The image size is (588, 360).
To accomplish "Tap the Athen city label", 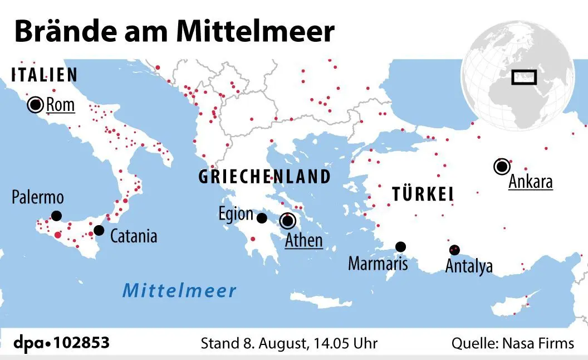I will (x=303, y=240).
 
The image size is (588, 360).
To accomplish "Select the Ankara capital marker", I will (x=502, y=166).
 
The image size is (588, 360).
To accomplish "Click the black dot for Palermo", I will (x=56, y=216).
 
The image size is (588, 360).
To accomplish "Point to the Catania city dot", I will (x=99, y=230).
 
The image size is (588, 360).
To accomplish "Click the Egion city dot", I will (x=262, y=218).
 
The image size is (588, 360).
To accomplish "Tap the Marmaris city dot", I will (x=400, y=246).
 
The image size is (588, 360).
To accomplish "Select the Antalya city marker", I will (x=454, y=250).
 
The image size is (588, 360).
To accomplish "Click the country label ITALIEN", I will (x=45, y=75).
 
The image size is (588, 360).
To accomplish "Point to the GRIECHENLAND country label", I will (x=264, y=177).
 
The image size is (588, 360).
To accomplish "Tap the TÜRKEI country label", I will (x=423, y=194).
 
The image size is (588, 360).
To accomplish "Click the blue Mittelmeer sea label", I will (x=179, y=290).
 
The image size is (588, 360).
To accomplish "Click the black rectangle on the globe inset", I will (x=523, y=77).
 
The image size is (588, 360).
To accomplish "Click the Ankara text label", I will (x=531, y=182).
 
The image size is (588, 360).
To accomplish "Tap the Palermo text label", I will (x=38, y=197).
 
